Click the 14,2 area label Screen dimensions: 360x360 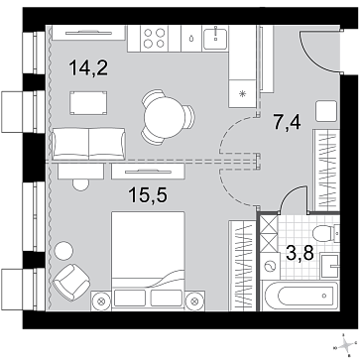[x=88, y=68]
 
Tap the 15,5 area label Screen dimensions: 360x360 [x=148, y=195]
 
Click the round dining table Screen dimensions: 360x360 [x=165, y=118]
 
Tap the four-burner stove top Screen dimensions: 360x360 [x=155, y=38]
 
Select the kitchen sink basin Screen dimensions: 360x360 [x=215, y=38]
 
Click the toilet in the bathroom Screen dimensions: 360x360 [x=325, y=233]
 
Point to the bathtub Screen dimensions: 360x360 [x=300, y=297]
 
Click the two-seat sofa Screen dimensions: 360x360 [x=88, y=144]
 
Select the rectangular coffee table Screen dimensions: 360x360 [x=88, y=103]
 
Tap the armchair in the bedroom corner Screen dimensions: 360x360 [x=71, y=282]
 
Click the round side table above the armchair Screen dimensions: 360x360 [x=63, y=251]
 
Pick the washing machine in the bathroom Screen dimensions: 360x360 [x=269, y=267]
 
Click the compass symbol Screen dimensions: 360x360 [x=345, y=346]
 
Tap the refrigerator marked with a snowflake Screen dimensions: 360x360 [x=243, y=94]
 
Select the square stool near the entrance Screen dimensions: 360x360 [x=326, y=111]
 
